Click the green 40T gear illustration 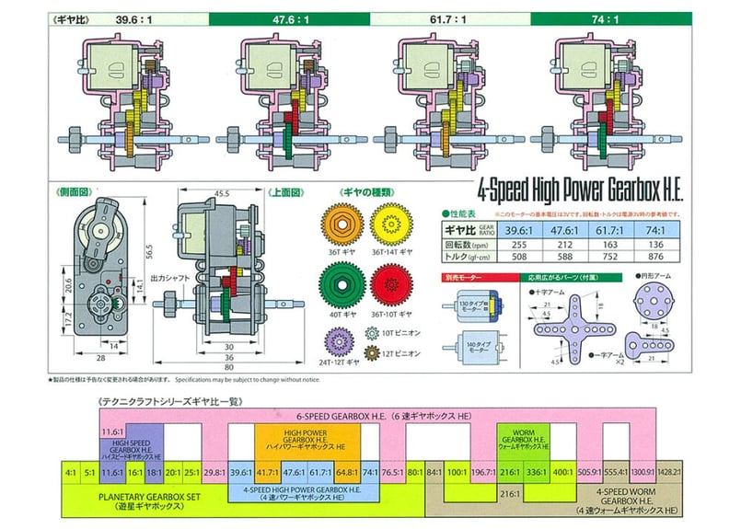coord(341,284)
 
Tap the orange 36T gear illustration coord(341,223)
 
